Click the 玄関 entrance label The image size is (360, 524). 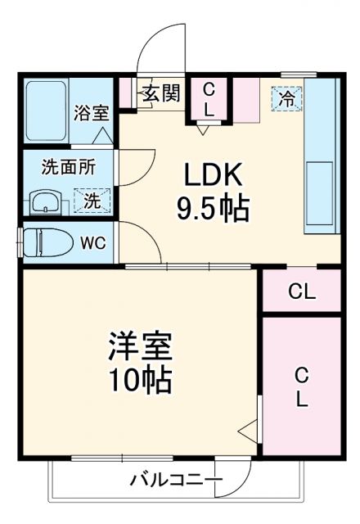click(x=160, y=93)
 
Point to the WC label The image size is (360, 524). click(x=92, y=242)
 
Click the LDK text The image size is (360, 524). click(x=211, y=176)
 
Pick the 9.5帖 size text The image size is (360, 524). click(x=211, y=209)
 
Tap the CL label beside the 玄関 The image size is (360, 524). click(x=209, y=98)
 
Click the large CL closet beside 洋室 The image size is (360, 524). click(x=301, y=387)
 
